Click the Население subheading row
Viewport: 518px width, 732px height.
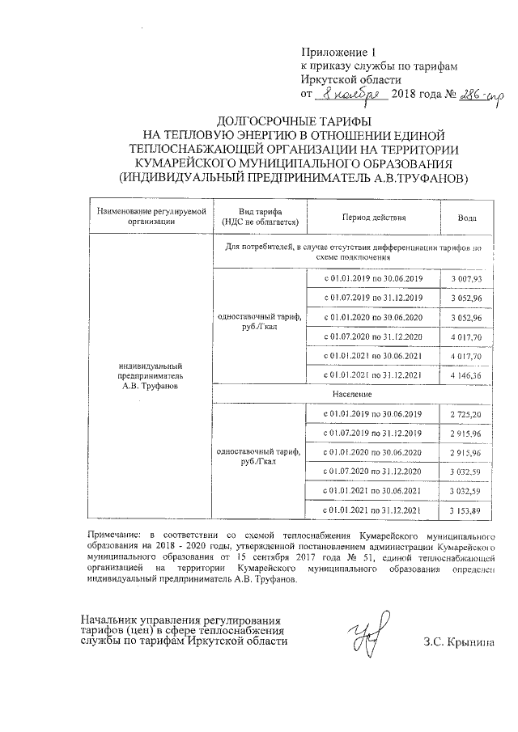pyautogui.click(x=351, y=394)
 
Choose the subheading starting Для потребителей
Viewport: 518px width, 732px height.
pyautogui.click(x=351, y=251)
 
